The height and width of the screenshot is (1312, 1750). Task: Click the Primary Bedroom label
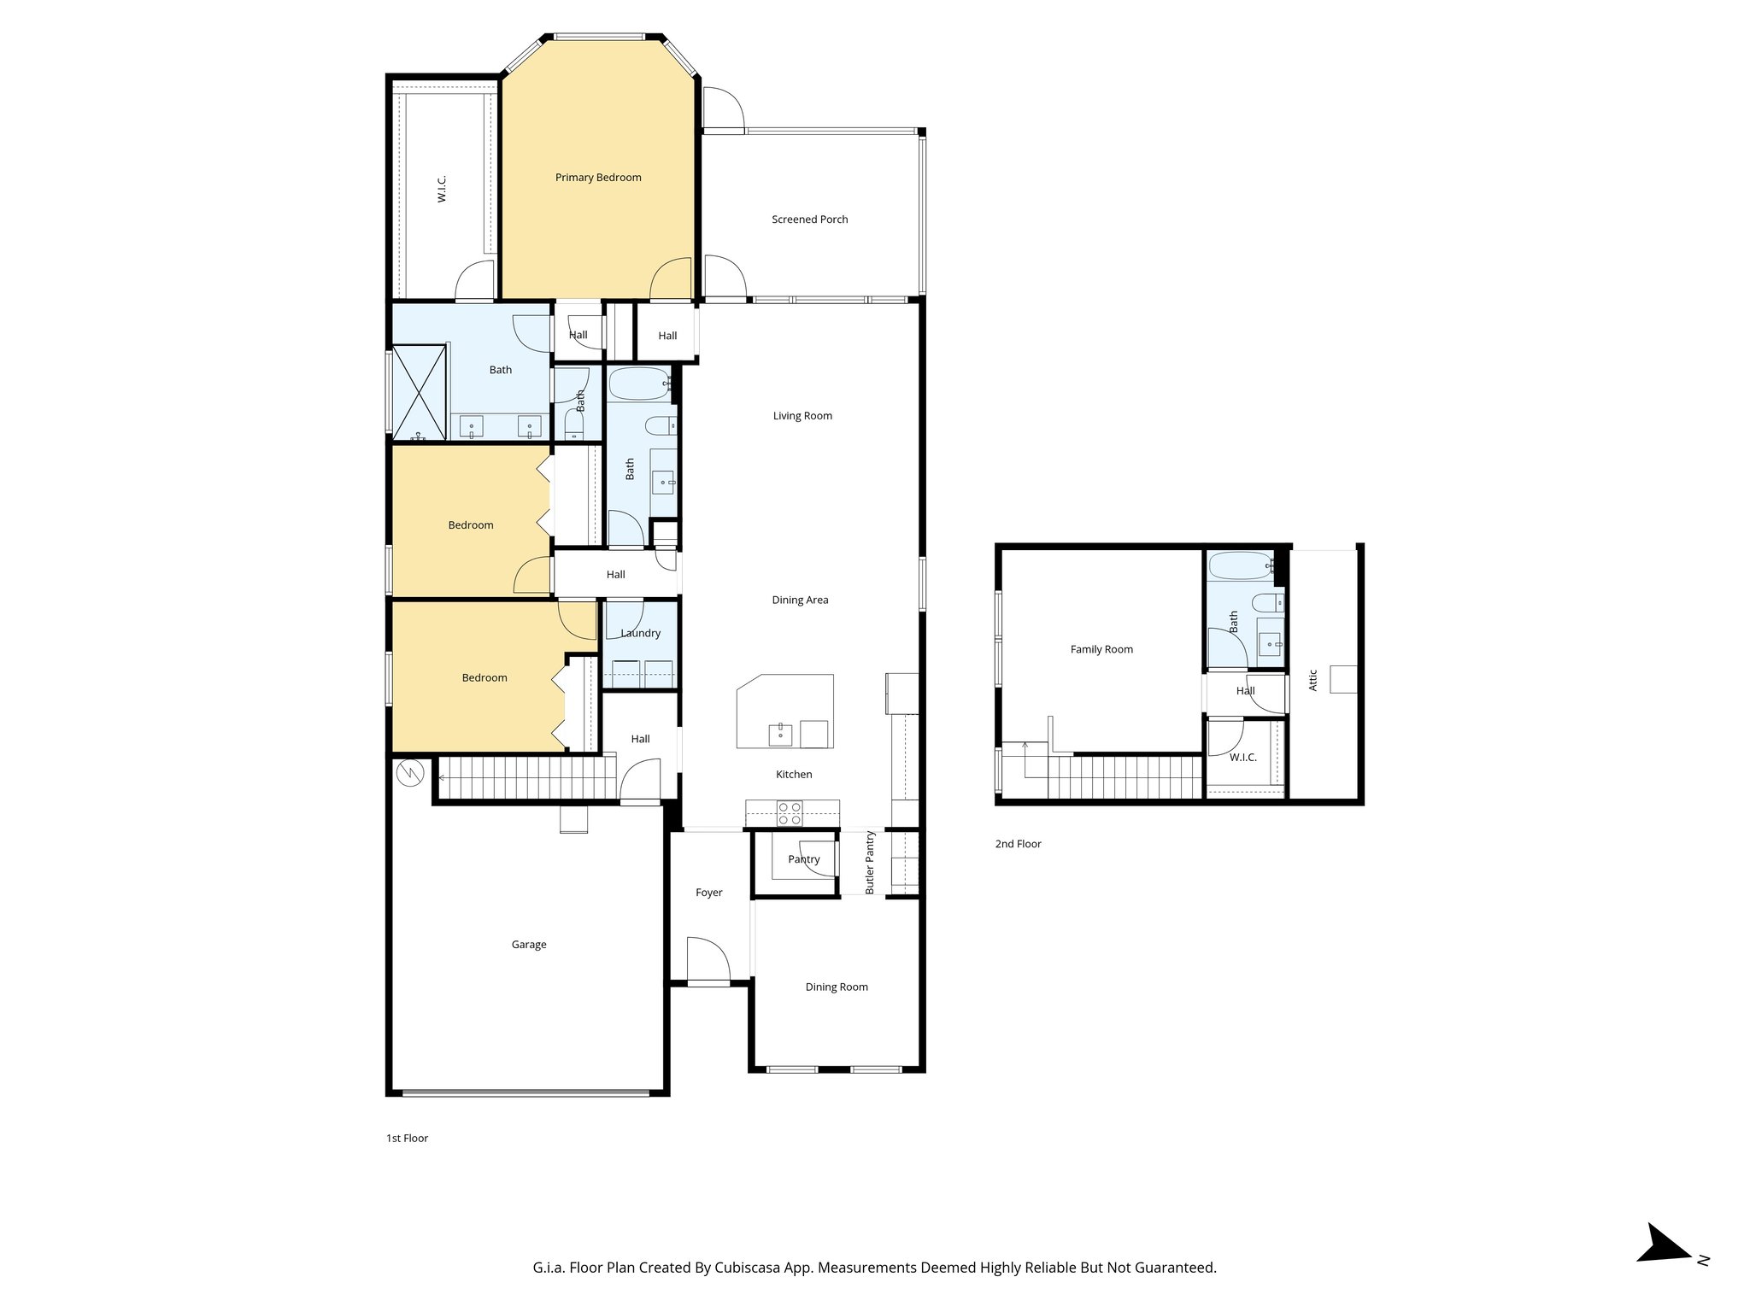(x=598, y=178)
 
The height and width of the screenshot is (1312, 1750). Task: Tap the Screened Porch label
(x=809, y=220)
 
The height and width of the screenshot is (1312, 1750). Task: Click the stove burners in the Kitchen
(x=789, y=813)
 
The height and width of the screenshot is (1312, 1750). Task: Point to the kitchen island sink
(x=780, y=734)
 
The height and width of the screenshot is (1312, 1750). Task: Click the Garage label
(x=528, y=945)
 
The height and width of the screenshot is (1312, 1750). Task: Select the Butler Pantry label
(x=870, y=863)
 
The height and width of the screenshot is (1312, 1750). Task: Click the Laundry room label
(x=640, y=634)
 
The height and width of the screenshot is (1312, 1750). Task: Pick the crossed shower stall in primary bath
(x=418, y=392)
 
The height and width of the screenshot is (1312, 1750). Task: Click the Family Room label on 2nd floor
(x=1101, y=649)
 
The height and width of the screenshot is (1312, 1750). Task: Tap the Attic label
(x=1313, y=680)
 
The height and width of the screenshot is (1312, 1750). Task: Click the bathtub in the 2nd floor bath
(x=1241, y=565)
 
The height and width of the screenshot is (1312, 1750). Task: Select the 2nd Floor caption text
(x=1018, y=844)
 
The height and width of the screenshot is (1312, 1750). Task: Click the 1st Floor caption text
(x=407, y=1139)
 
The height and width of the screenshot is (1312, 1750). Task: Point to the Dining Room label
(x=836, y=987)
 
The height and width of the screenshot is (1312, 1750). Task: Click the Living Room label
(x=802, y=416)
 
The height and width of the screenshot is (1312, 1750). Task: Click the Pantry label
(x=803, y=859)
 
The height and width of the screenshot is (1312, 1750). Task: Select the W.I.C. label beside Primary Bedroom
(x=442, y=190)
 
